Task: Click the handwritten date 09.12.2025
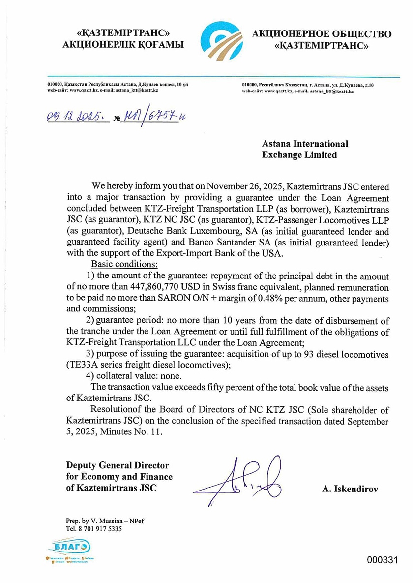pyautogui.click(x=75, y=118)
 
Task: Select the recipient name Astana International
pyautogui.click(x=305, y=144)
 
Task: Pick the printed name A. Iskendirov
pyautogui.click(x=350, y=490)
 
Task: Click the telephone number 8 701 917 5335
pyautogui.click(x=100, y=529)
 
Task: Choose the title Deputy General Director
pyautogui.click(x=118, y=465)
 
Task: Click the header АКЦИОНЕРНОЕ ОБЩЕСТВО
pyautogui.click(x=322, y=34)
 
